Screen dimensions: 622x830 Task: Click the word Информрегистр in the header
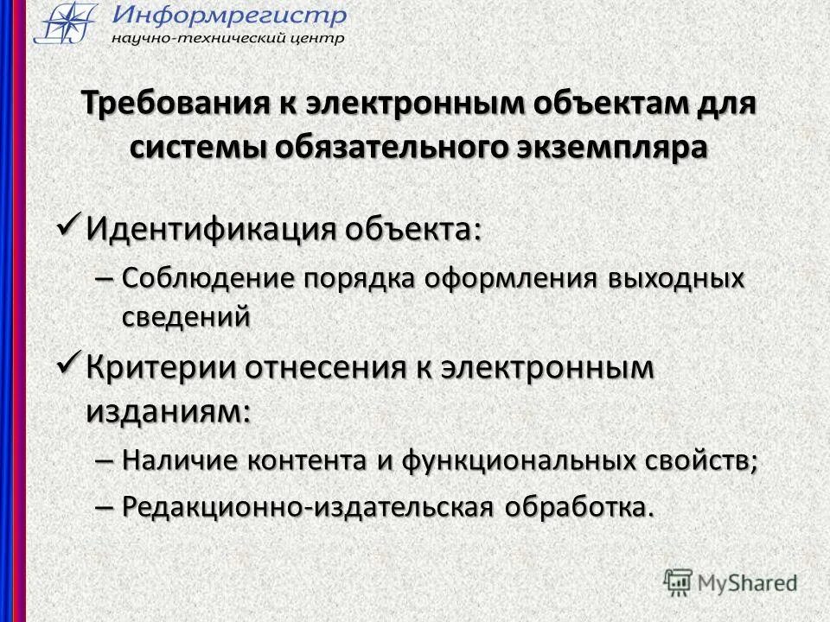pos(229,15)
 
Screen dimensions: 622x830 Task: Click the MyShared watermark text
pos(747,581)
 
